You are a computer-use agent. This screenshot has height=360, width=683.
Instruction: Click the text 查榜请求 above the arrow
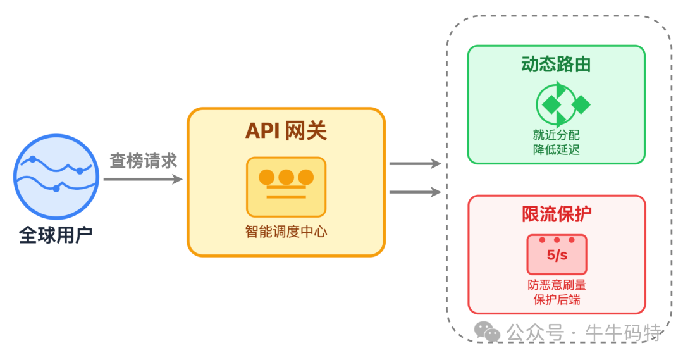(x=143, y=161)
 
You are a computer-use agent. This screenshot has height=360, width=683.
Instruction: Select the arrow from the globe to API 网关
(x=143, y=180)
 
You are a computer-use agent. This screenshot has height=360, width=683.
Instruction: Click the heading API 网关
(x=286, y=131)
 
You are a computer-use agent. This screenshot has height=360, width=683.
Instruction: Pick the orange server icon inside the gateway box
(x=286, y=187)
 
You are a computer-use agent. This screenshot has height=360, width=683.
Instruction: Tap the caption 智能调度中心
(x=286, y=231)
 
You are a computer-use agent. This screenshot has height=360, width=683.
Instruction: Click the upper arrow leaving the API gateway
(x=415, y=164)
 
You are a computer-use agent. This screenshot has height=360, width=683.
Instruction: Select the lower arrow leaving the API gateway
(x=415, y=192)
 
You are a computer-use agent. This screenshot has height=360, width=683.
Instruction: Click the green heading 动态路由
(x=556, y=65)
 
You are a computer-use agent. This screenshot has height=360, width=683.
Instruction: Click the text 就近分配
(x=556, y=135)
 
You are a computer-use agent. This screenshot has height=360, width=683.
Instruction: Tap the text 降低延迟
(x=556, y=150)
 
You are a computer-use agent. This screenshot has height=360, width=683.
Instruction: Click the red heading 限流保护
(x=557, y=214)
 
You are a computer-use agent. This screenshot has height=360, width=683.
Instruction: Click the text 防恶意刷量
(x=557, y=285)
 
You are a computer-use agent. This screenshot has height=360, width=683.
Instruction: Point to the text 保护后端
(x=557, y=300)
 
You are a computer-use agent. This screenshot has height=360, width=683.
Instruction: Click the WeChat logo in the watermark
(x=488, y=332)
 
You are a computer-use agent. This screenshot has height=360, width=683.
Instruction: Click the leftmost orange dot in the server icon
(x=267, y=177)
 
